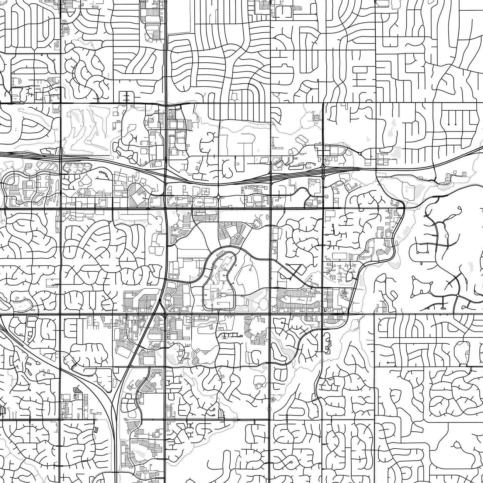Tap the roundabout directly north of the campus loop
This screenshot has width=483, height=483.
click(x=219, y=197)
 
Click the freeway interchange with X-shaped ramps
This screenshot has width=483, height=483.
click(x=323, y=167)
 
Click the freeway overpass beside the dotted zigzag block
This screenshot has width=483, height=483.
click(x=61, y=157)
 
